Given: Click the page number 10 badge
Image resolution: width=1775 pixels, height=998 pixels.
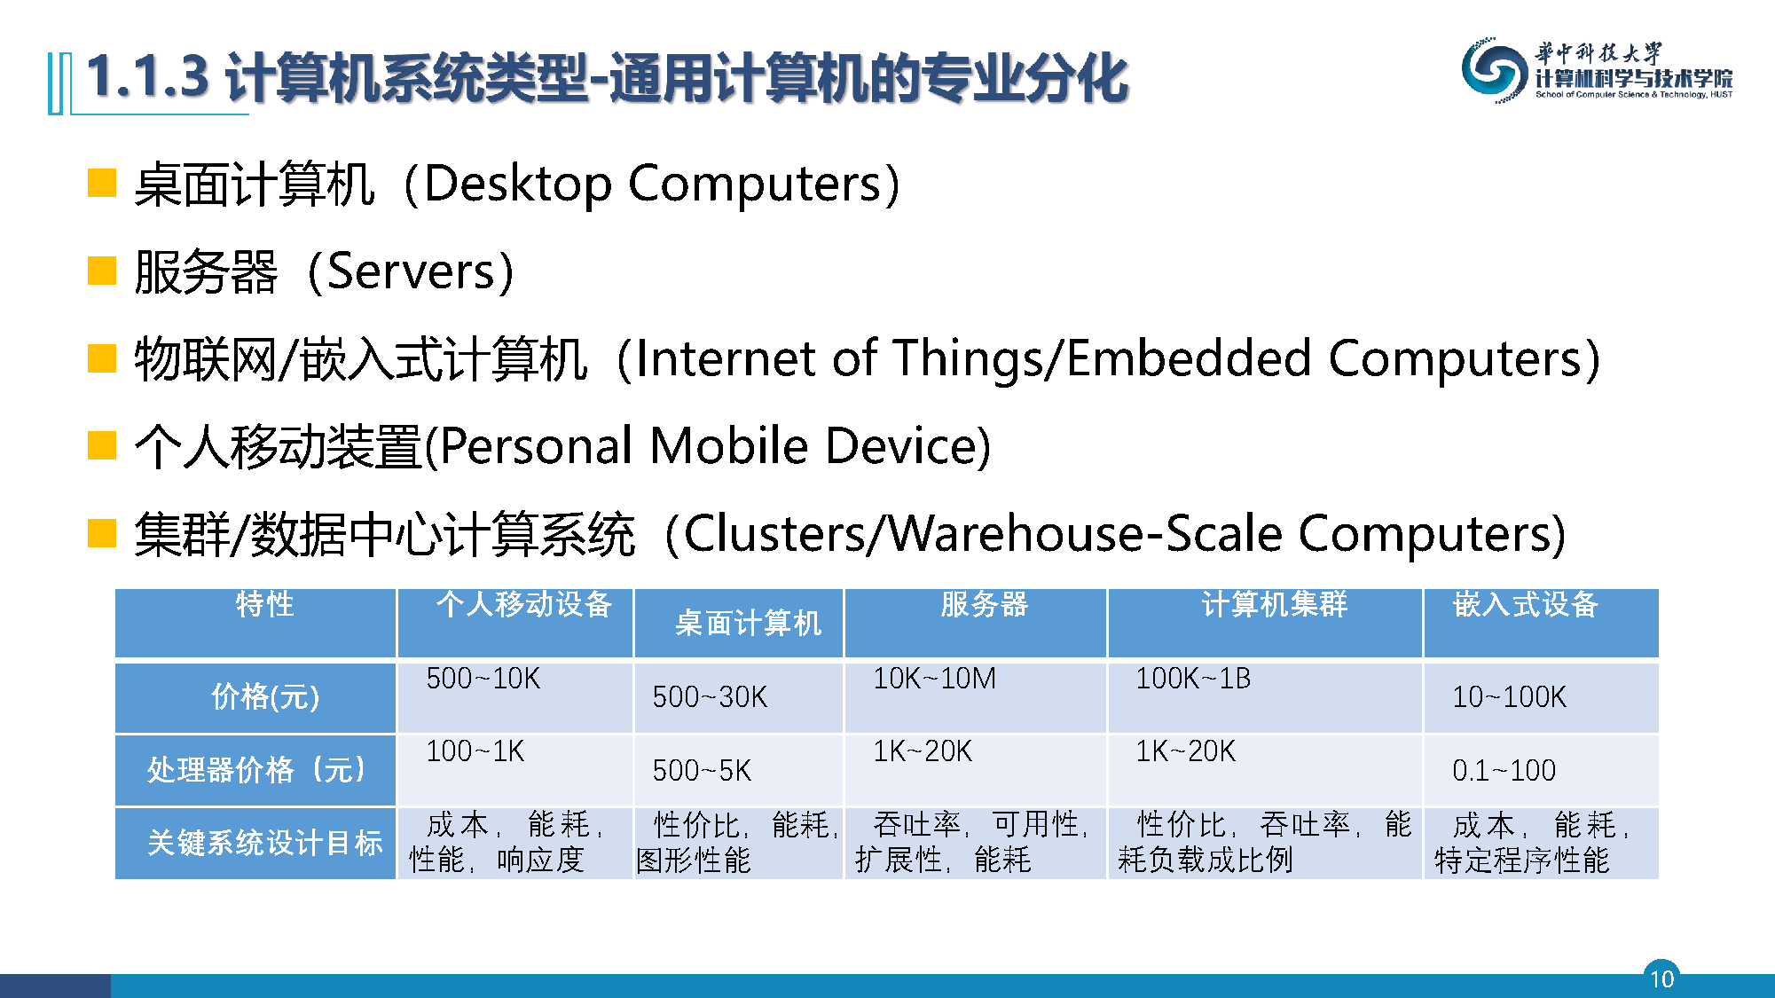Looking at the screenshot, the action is click(1661, 978).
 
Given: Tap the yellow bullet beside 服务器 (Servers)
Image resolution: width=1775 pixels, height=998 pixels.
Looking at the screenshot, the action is click(102, 271).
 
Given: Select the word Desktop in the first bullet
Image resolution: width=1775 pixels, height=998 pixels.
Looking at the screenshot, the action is click(518, 185).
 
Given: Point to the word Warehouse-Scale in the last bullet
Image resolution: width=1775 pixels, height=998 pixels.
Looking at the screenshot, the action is click(1085, 534).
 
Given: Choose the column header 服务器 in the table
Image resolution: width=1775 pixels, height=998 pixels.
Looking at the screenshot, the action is click(984, 604).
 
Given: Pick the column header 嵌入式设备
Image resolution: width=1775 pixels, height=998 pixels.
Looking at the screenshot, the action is click(1525, 604).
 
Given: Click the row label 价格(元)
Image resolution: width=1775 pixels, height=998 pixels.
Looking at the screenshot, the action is click(265, 696).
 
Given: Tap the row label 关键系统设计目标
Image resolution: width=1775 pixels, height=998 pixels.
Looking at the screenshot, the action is click(264, 842).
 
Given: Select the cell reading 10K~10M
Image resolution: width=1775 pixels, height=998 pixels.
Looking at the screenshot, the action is click(934, 679).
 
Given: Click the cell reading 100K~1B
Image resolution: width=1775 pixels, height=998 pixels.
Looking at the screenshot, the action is click(1193, 679).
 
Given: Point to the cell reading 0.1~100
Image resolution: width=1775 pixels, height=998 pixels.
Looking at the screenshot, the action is click(1504, 770).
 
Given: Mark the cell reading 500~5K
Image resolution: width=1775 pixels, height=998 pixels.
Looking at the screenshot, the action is click(702, 770).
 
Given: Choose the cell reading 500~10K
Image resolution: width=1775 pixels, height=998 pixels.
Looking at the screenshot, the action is click(483, 679).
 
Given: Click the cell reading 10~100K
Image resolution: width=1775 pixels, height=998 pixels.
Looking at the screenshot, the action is click(1509, 696).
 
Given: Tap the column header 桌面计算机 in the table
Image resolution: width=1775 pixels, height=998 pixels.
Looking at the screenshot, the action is click(748, 623).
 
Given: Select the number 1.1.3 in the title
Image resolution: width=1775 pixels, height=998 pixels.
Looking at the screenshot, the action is click(147, 76).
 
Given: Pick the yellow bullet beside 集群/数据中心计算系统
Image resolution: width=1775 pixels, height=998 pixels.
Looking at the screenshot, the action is click(102, 533).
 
